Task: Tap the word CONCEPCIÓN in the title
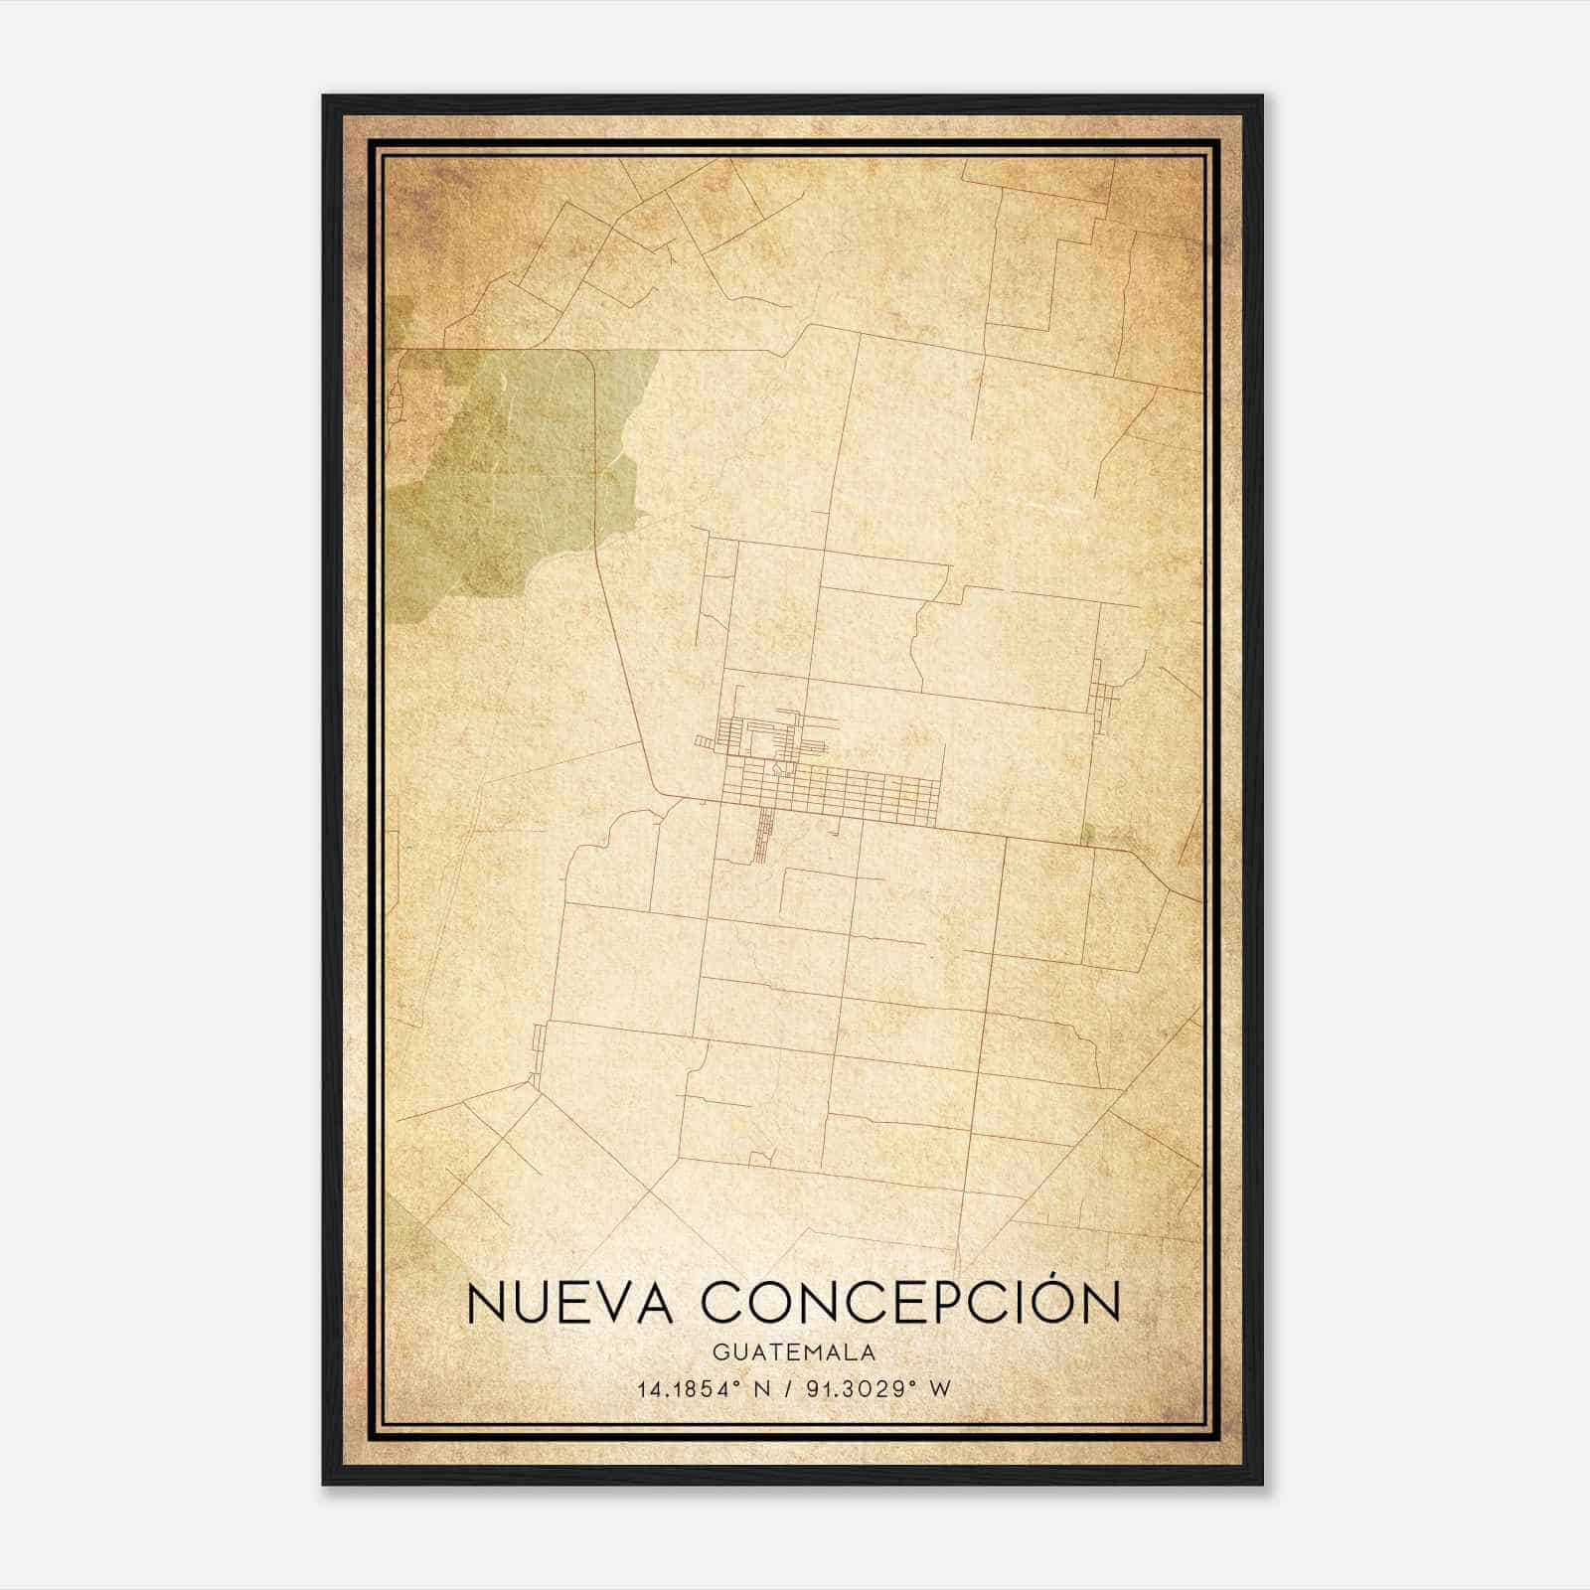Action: (912, 1303)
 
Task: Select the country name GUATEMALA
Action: (793, 1352)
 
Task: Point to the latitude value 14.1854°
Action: (692, 1389)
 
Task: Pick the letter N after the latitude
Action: (762, 1389)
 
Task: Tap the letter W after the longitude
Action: (940, 1389)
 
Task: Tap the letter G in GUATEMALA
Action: (717, 1352)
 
